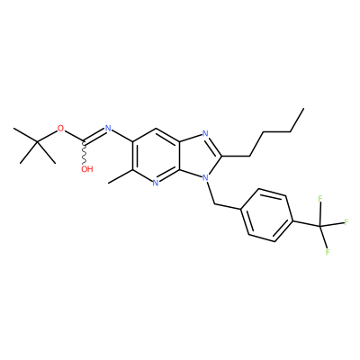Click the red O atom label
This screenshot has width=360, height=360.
(61, 129)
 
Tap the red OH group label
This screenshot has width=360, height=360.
(87, 169)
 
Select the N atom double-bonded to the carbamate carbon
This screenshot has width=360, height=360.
(108, 129)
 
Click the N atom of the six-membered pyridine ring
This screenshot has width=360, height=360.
(155, 183)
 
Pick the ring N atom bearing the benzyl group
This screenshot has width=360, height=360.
(205, 178)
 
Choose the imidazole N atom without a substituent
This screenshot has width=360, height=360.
(205, 134)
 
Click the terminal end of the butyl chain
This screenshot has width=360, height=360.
(303, 109)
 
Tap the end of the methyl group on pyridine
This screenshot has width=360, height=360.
(108, 183)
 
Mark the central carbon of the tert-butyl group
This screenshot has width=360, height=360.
(38, 141)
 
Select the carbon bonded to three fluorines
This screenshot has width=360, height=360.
(319, 226)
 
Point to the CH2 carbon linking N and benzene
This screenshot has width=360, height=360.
(215, 204)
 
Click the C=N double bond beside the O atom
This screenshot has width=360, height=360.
(94, 135)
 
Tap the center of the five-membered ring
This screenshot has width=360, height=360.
(200, 156)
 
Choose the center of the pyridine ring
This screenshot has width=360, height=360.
(156, 156)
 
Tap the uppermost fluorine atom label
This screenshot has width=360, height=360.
(320, 199)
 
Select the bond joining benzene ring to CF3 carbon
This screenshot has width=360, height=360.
(306, 223)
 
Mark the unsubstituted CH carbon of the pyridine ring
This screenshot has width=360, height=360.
(156, 130)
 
